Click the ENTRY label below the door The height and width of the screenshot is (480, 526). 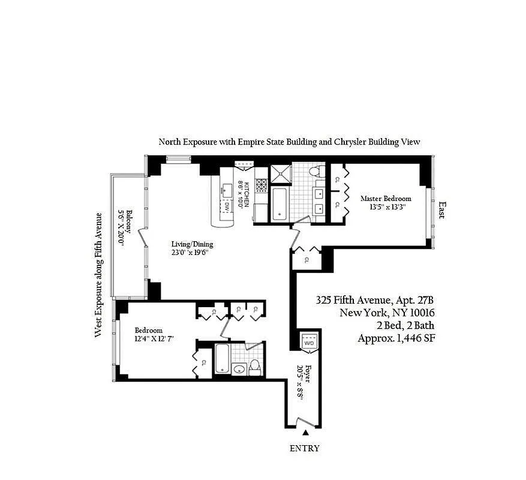point(305,448)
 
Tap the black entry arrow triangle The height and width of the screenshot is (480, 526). point(305,433)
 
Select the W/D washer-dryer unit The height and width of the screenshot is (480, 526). point(308,343)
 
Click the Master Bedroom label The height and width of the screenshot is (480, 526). point(386,199)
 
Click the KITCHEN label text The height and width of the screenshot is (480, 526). point(247,194)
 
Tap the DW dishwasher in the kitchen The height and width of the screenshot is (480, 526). point(227,206)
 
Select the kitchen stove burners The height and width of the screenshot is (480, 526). point(262,185)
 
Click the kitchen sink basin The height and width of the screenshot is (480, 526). point(227,190)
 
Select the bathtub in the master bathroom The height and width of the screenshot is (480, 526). point(279,205)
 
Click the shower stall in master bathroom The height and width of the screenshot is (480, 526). point(281,174)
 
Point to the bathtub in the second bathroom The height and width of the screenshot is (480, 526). point(222,358)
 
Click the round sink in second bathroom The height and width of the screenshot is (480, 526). point(239,370)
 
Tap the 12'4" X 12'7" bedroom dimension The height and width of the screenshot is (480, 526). point(154,338)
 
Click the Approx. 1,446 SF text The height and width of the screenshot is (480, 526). point(396,338)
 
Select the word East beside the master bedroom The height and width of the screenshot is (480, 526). point(443,211)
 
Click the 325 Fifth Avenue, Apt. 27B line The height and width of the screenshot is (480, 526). point(375,300)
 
